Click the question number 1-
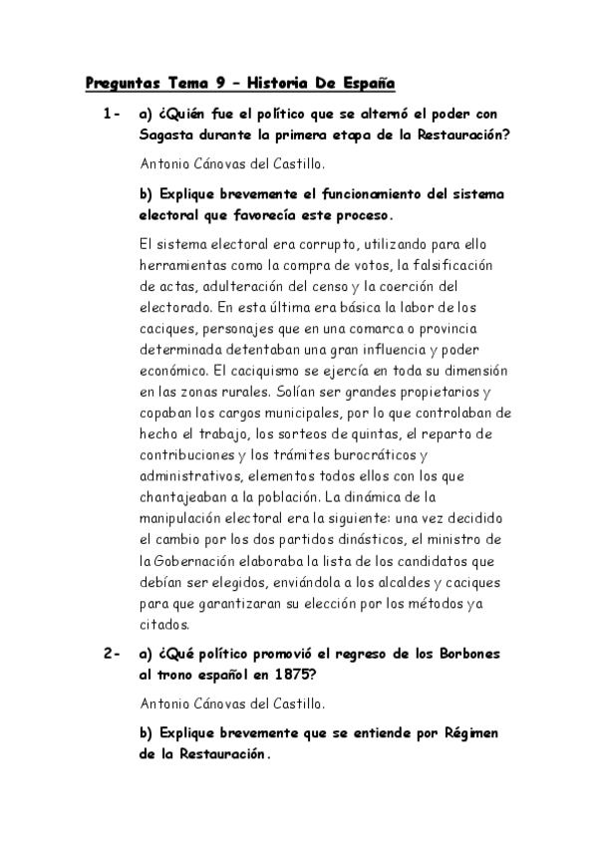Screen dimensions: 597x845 [x=112, y=116]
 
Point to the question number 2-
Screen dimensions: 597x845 [x=112, y=653]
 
